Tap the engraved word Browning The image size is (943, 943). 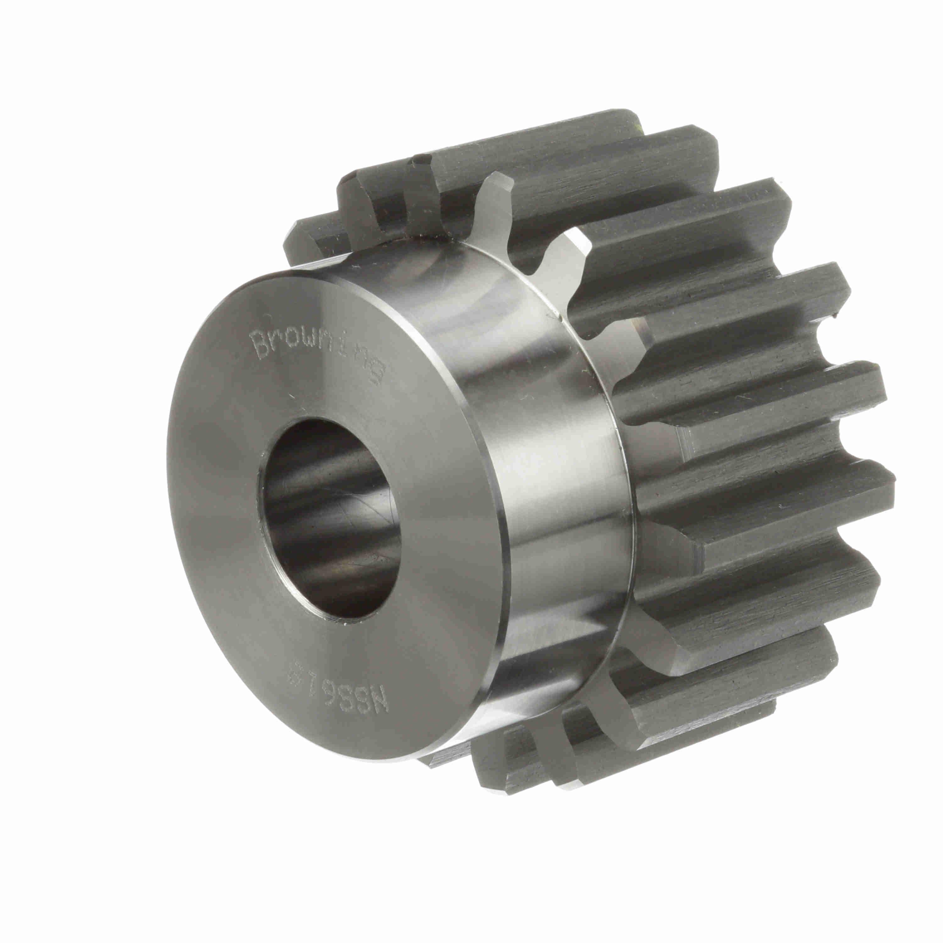(x=317, y=351)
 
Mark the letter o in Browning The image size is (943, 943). (x=293, y=339)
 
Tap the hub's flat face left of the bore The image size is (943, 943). (x=215, y=512)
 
